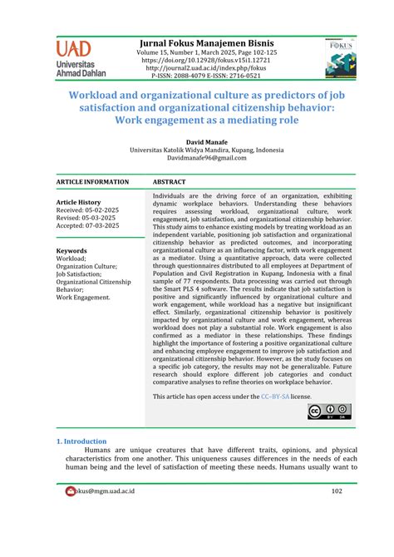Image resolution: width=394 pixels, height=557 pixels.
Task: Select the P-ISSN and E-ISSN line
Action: (x=207, y=76)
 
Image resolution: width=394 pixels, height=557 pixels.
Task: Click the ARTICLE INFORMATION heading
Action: (x=92, y=181)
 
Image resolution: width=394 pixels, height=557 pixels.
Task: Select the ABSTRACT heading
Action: (x=170, y=181)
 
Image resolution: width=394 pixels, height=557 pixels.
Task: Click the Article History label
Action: (x=78, y=202)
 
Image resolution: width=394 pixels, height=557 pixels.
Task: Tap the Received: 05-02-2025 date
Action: (x=87, y=210)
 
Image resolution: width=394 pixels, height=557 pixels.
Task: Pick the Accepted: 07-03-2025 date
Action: (x=87, y=226)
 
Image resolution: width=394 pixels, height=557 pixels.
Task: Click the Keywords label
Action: (x=71, y=250)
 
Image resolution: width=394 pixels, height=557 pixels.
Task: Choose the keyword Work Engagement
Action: (x=81, y=297)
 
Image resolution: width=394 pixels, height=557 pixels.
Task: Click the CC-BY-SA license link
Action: (x=275, y=397)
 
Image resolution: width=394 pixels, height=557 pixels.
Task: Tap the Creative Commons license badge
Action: (x=329, y=412)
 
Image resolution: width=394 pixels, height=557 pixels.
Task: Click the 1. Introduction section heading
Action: (x=81, y=441)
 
